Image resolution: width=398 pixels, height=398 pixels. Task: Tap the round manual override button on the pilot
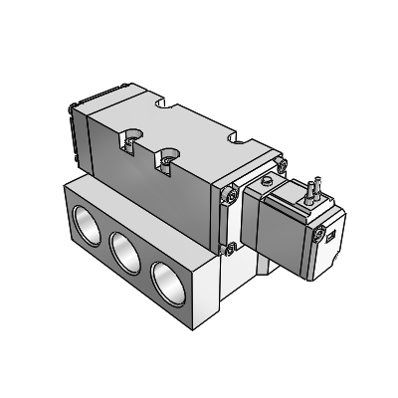coord(267,181)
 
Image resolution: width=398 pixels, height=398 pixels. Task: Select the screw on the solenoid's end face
coord(318,236)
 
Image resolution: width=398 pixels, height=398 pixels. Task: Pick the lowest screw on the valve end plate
coord(231,248)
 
